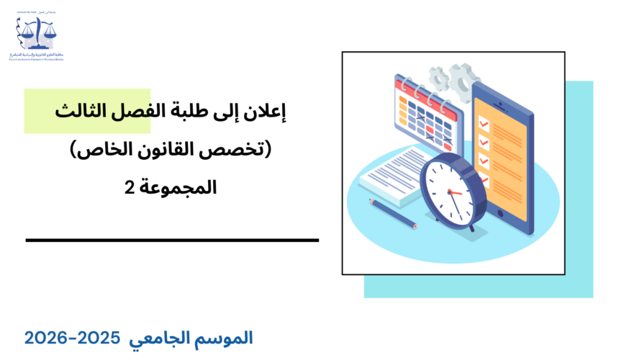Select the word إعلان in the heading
point(265,112)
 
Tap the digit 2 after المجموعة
point(128,189)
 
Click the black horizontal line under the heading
point(172,240)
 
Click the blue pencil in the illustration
point(393,213)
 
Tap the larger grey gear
point(462,78)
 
